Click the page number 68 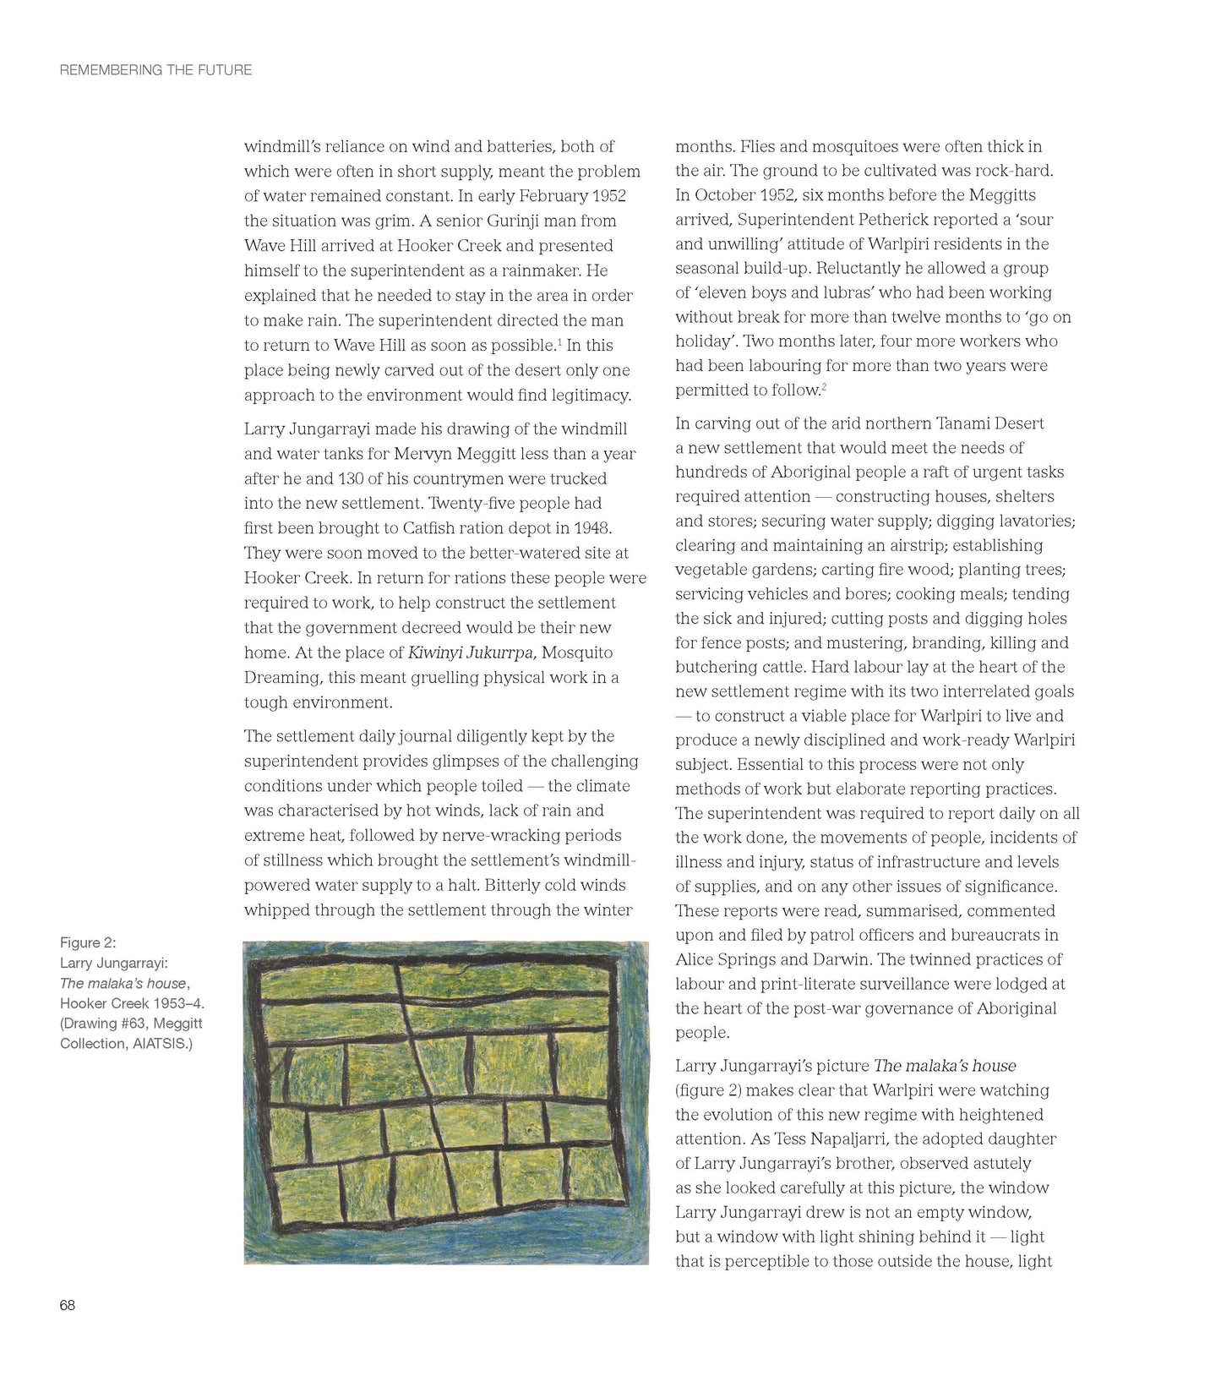click(x=68, y=1305)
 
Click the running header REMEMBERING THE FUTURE click(x=155, y=70)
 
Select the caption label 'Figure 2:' click(x=88, y=942)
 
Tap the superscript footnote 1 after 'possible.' click(x=559, y=341)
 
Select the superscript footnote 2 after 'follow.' click(x=824, y=386)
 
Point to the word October click(x=726, y=195)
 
